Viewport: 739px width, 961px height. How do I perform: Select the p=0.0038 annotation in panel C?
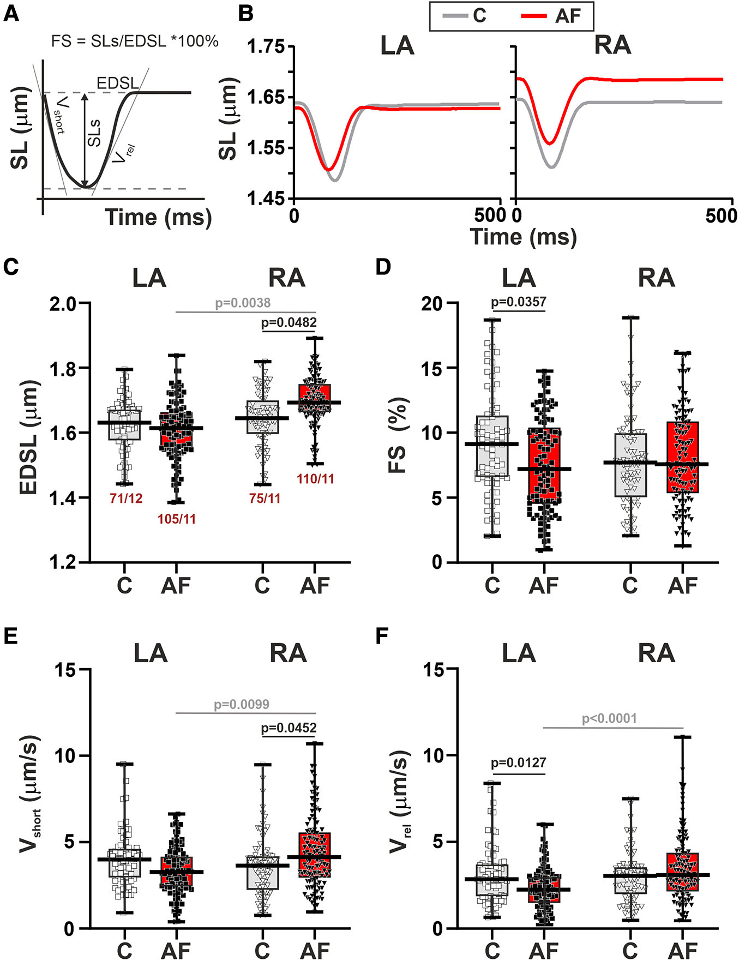click(x=243, y=303)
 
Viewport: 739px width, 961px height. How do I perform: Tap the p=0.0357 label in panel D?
click(x=518, y=302)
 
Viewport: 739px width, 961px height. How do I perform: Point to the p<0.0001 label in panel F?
click(x=609, y=718)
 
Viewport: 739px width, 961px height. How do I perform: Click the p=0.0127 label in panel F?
click(x=518, y=762)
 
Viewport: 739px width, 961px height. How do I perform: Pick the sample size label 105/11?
click(x=177, y=519)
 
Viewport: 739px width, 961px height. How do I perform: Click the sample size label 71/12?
click(x=126, y=498)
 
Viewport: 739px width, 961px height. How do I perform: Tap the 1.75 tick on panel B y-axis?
click(x=266, y=47)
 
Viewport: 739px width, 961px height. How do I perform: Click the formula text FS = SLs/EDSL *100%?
click(x=135, y=41)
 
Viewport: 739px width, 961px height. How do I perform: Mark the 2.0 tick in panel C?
click(x=63, y=303)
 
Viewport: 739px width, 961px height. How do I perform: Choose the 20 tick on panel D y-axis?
click(x=431, y=303)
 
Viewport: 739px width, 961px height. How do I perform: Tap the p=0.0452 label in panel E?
click(x=289, y=728)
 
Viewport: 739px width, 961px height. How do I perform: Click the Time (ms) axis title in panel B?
click(x=523, y=237)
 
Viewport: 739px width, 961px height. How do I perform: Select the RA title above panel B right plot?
click(x=612, y=45)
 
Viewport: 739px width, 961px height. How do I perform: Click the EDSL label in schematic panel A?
click(x=117, y=83)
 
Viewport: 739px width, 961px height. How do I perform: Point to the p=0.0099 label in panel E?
click(x=242, y=704)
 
